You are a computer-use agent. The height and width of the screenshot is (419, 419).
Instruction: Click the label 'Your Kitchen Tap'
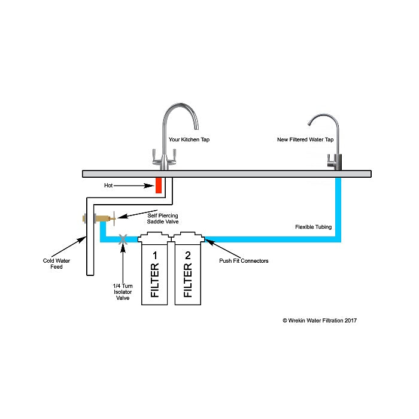click(189, 139)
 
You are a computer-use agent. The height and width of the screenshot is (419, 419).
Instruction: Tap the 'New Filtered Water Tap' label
click(305, 139)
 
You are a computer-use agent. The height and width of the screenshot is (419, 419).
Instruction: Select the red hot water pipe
click(159, 185)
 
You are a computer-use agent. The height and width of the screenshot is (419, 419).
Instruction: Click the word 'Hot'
click(109, 186)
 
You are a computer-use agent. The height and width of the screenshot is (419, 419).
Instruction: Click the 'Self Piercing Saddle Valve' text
click(163, 218)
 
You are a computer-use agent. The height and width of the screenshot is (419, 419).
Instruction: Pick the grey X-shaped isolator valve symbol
click(123, 239)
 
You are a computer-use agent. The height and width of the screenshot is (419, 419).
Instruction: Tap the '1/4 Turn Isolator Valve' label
click(122, 292)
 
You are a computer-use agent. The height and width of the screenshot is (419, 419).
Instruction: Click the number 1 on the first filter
click(154, 256)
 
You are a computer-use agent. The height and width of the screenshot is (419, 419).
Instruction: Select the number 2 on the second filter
click(188, 256)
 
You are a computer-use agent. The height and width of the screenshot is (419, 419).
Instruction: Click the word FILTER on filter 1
click(154, 283)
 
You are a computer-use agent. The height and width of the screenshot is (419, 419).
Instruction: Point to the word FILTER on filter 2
click(188, 283)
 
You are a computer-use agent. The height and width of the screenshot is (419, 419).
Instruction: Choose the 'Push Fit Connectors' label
click(244, 261)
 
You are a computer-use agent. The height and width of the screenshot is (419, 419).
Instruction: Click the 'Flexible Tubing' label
click(313, 227)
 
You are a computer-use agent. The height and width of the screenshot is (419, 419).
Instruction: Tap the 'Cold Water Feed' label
click(53, 263)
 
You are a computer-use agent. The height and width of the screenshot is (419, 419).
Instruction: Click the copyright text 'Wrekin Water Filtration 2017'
click(320, 320)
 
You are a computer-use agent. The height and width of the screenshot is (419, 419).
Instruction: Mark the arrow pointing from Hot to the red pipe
click(135, 186)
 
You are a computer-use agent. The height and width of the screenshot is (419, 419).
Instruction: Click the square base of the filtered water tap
click(333, 162)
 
